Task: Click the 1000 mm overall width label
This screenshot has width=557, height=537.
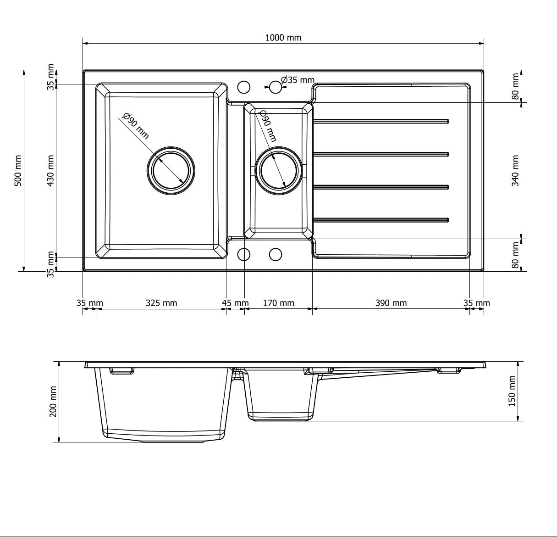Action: (x=283, y=38)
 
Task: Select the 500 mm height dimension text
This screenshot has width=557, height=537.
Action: (x=18, y=170)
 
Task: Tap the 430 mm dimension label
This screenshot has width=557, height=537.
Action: (x=50, y=170)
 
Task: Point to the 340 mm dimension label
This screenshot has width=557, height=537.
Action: (x=515, y=170)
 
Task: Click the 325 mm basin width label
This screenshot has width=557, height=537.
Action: (x=161, y=303)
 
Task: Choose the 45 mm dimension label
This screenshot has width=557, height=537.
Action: (x=235, y=303)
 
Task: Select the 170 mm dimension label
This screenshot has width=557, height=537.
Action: (x=278, y=303)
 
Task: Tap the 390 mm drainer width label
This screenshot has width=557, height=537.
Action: (x=391, y=303)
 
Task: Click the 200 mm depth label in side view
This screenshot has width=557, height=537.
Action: (x=53, y=402)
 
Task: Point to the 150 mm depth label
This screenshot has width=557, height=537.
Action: (x=512, y=391)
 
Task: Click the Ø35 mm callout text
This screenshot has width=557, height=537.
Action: (x=298, y=80)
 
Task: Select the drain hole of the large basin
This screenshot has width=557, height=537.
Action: (x=171, y=171)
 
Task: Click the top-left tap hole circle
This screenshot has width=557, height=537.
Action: (x=244, y=87)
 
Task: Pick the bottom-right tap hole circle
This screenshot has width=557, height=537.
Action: (x=275, y=254)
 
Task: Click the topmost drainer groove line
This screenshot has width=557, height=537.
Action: (x=381, y=121)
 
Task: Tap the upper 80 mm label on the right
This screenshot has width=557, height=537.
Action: (x=515, y=86)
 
